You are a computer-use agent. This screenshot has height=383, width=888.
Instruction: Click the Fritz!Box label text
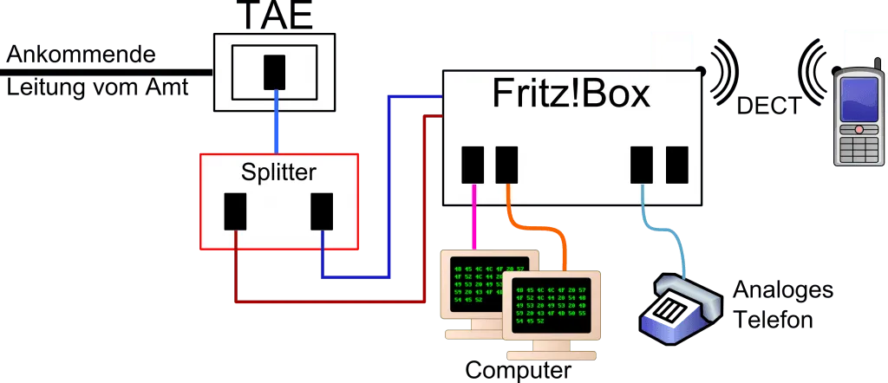tap(571, 94)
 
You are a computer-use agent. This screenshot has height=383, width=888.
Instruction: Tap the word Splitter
tap(278, 172)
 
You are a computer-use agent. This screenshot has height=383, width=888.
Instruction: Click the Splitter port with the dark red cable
tap(236, 211)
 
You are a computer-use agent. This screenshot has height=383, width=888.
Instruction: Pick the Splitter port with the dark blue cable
tap(322, 211)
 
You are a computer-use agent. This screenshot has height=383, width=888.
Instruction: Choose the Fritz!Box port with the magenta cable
tap(473, 165)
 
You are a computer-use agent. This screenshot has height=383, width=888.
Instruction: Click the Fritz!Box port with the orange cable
tap(506, 165)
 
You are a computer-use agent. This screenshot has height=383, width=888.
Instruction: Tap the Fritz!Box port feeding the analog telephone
tap(642, 165)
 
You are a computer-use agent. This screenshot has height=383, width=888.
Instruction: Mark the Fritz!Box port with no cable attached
tap(676, 165)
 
